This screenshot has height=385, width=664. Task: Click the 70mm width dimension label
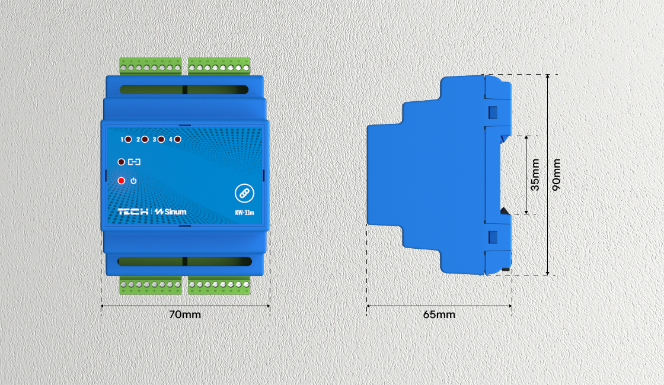pos(185,315)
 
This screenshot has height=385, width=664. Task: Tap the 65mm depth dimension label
pos(439,315)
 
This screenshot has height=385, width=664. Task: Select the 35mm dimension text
pos(535,175)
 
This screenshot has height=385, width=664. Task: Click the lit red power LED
pos(122,181)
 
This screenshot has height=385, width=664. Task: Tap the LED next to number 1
pos(129,140)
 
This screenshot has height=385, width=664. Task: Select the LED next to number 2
pos(145,140)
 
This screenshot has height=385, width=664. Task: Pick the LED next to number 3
pos(161,140)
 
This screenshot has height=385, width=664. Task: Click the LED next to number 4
pos(177,140)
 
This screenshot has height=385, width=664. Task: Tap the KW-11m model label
pos(244,211)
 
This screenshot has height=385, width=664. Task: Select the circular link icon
pos(244,193)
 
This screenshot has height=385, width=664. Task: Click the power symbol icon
pos(133,181)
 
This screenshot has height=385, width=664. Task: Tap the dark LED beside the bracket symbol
pos(122,161)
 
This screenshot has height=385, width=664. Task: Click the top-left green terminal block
pos(150,66)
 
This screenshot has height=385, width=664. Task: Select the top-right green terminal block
pos(219,66)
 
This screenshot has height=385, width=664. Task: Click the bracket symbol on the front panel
pos(135,161)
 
